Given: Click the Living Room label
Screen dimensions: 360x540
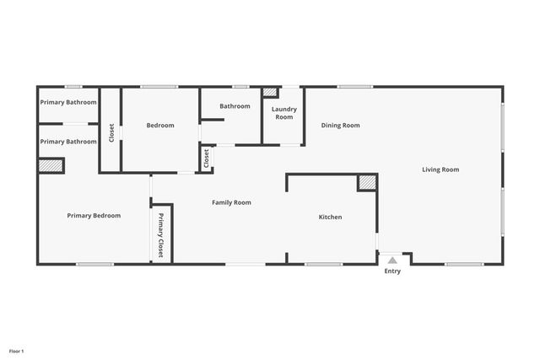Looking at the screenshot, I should pyautogui.click(x=440, y=169).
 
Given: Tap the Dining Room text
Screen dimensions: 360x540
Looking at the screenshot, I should pyautogui.click(x=340, y=126).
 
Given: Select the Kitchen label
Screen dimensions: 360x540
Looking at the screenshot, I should pyautogui.click(x=330, y=218).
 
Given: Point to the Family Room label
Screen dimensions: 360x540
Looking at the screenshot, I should pyautogui.click(x=231, y=202).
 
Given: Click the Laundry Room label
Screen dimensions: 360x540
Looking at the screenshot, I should pyautogui.click(x=283, y=113).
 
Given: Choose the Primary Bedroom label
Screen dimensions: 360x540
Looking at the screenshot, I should pyautogui.click(x=94, y=216).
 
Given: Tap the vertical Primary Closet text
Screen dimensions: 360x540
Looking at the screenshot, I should pyautogui.click(x=161, y=236).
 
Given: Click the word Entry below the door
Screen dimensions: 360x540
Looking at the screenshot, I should pyautogui.click(x=392, y=271).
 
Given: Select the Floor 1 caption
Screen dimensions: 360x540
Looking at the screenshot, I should pyautogui.click(x=17, y=351).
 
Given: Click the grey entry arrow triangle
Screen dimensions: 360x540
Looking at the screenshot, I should pyautogui.click(x=392, y=260).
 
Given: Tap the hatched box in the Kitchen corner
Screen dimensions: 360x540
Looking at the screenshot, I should pyautogui.click(x=367, y=182).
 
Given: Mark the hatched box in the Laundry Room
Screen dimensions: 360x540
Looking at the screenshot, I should pyautogui.click(x=270, y=92).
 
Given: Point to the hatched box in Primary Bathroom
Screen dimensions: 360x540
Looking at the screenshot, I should pyautogui.click(x=51, y=166).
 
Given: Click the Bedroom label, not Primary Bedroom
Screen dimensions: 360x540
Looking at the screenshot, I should pyautogui.click(x=160, y=126).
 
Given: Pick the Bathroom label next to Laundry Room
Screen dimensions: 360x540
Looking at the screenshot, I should pyautogui.click(x=235, y=106).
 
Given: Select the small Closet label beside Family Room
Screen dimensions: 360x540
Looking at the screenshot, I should pyautogui.click(x=206, y=158).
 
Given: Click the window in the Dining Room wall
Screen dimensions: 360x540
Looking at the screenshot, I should pyautogui.click(x=354, y=86).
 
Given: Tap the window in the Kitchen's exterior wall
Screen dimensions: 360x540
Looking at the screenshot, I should pyautogui.click(x=323, y=265).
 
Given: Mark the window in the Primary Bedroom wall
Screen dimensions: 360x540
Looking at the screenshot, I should pyautogui.click(x=94, y=265).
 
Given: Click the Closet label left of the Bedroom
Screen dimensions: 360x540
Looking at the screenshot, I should pyautogui.click(x=111, y=132).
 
